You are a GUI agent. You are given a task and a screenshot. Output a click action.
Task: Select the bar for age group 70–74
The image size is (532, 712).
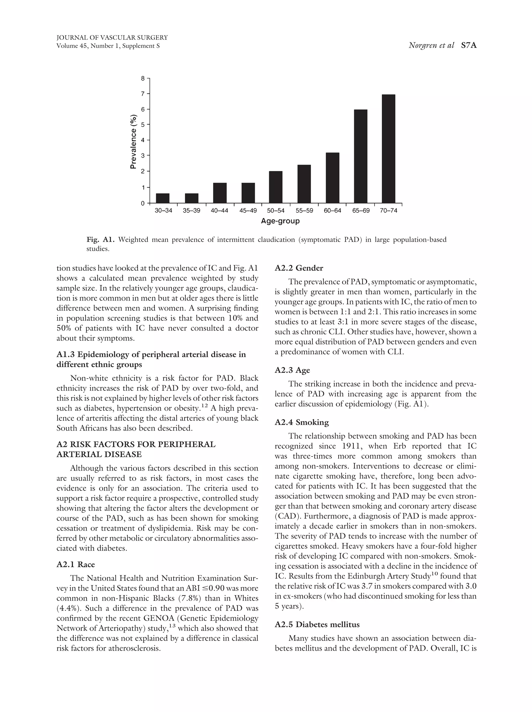click(388, 149)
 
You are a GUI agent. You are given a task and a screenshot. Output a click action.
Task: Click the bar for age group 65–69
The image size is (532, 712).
click(361, 156)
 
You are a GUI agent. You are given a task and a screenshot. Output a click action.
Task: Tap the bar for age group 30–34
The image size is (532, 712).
click(163, 198)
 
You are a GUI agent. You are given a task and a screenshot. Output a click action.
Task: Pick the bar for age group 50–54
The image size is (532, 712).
click(276, 187)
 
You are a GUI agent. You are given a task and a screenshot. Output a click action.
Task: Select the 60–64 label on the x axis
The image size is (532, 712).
click(332, 211)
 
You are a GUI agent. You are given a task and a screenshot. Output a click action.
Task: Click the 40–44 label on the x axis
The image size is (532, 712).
click(220, 211)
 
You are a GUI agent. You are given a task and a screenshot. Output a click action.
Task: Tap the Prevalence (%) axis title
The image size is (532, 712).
click(133, 141)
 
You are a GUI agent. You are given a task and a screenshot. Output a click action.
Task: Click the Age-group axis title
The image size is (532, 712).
click(280, 221)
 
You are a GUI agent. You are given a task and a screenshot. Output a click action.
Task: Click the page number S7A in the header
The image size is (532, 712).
click(468, 46)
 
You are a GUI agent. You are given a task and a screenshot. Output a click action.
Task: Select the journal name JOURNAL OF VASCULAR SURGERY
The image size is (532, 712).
click(112, 38)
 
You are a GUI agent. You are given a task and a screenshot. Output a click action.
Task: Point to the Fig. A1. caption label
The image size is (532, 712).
click(101, 240)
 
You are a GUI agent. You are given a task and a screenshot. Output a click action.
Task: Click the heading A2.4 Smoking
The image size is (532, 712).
click(301, 422)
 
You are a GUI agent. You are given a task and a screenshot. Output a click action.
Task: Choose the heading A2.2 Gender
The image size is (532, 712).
click(299, 268)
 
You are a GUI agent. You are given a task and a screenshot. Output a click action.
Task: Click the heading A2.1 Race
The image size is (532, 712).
click(76, 564)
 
